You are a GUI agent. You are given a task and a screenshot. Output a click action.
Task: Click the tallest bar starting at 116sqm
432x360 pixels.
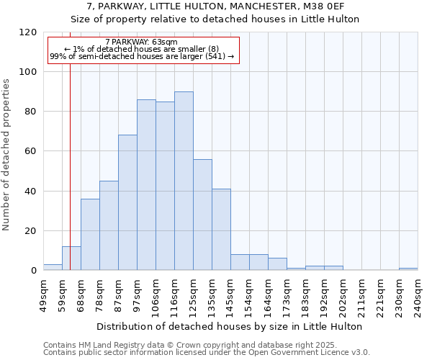point(184,181)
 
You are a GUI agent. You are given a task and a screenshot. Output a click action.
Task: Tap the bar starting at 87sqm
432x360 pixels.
point(127,202)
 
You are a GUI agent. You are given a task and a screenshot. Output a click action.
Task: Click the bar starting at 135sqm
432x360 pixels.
point(221,230)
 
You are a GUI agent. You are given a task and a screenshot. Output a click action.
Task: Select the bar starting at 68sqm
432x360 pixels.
point(90,235)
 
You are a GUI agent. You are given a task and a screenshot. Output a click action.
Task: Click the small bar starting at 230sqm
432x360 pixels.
point(408,269)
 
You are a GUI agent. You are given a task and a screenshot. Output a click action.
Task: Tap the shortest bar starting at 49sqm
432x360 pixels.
point(53,267)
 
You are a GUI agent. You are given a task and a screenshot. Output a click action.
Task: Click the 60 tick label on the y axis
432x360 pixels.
point(32,151)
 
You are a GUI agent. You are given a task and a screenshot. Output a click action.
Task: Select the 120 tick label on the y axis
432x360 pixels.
point(30,32)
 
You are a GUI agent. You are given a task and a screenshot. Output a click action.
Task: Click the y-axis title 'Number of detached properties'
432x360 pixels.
point(7,155)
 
